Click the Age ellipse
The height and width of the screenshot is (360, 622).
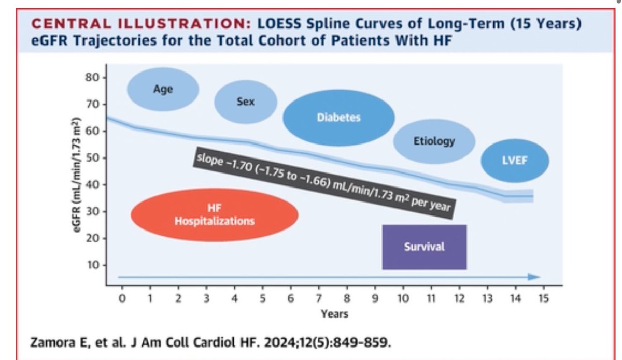pyautogui.click(x=163, y=89)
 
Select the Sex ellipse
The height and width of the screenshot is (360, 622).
pyautogui.click(x=245, y=102)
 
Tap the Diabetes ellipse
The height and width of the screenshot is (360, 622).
pyautogui.click(x=338, y=118)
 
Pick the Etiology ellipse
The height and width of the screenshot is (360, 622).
pyautogui.click(x=434, y=141)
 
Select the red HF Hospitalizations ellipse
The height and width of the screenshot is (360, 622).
pyautogui.click(x=214, y=215)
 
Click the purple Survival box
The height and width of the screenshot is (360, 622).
pyautogui.click(x=424, y=247)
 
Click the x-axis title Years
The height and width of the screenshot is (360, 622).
pyautogui.click(x=334, y=314)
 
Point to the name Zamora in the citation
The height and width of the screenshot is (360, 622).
pyautogui.click(x=48, y=342)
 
